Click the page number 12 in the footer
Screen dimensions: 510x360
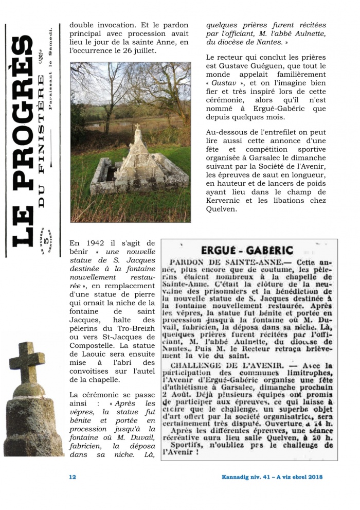[73, 477]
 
